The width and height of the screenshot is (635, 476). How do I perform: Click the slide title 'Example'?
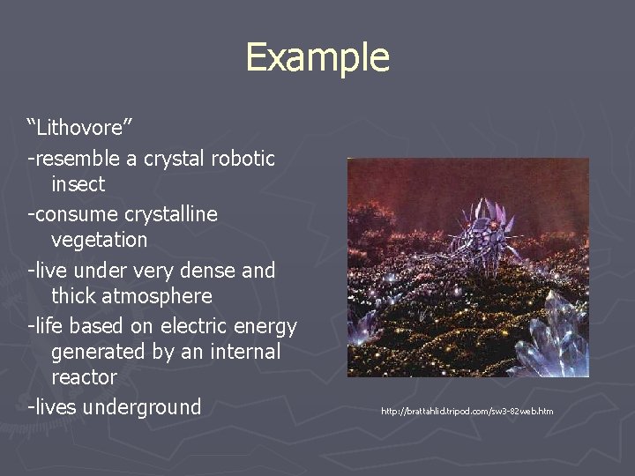pos(317,57)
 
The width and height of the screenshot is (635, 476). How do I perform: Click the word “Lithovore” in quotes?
pos(80,128)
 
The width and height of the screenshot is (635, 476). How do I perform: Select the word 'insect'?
pos(78,184)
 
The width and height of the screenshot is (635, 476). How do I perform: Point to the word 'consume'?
pos(75,214)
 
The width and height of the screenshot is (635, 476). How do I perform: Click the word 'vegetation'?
pos(99,240)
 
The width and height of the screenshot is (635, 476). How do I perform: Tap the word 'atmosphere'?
pos(131,295)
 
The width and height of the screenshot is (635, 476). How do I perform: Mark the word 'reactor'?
pos(84,377)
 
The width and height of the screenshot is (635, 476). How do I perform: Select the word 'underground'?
pos(146,407)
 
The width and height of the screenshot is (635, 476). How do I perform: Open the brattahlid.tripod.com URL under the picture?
pos(467,412)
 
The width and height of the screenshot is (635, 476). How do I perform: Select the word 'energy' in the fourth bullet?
pos(267,326)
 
